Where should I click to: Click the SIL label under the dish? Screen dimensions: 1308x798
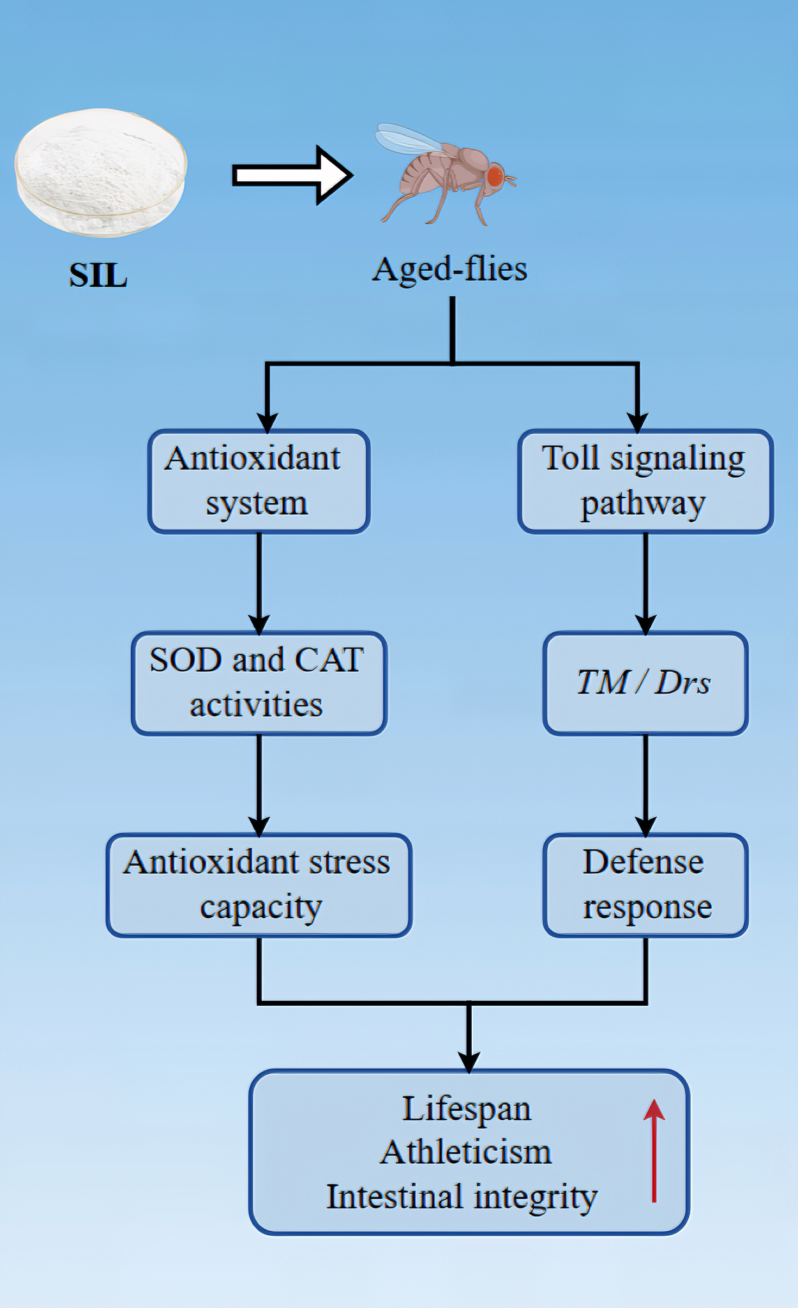[98, 276]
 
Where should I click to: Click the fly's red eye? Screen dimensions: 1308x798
[495, 176]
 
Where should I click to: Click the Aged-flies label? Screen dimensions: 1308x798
[450, 269]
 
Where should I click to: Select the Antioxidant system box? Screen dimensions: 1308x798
[259, 481]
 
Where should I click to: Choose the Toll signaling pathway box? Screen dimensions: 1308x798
[645, 481]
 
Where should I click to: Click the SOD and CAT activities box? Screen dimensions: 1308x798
[259, 683]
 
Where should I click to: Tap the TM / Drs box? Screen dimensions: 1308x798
[645, 683]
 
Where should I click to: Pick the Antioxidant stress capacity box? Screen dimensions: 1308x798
[259, 885]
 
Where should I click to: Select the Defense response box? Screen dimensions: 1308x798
[645, 885]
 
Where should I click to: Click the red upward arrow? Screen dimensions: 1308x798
[654, 1150]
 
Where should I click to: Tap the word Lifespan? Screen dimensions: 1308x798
[466, 1109]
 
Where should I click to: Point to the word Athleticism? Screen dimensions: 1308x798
[466, 1153]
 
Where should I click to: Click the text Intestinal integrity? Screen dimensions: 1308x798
[462, 1197]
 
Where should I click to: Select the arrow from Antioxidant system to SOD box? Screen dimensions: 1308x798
[259, 581]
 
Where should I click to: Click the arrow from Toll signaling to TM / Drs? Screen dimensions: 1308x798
[645, 581]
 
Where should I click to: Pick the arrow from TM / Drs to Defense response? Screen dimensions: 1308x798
[645, 784]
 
